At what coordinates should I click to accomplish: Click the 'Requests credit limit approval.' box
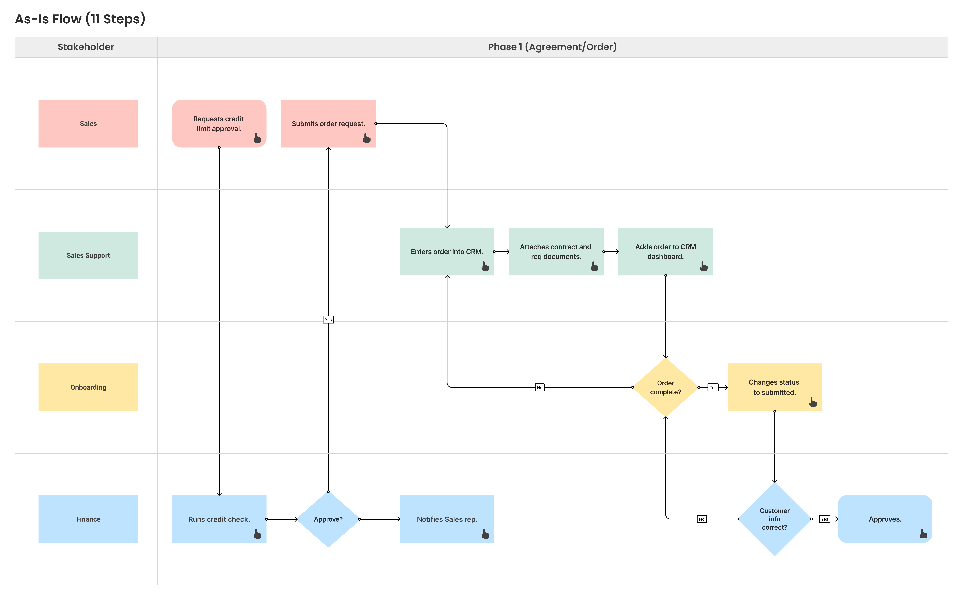[x=219, y=123]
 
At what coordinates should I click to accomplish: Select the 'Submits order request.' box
[x=328, y=123]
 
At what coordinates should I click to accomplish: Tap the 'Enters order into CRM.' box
[x=447, y=251]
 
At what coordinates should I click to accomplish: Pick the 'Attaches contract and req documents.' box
[x=556, y=251]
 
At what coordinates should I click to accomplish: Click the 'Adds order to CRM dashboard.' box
[x=665, y=251]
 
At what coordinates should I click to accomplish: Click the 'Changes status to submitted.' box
[x=774, y=387]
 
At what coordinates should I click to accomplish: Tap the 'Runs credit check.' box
[x=219, y=519]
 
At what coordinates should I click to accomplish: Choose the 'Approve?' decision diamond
[x=328, y=519]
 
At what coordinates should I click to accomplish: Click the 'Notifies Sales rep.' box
[x=447, y=519]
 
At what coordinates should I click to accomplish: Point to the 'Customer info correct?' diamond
[x=774, y=519]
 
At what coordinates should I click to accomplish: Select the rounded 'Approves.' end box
[x=885, y=519]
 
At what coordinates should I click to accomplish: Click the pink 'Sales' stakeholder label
[x=88, y=123]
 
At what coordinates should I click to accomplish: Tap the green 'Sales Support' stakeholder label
[x=88, y=255]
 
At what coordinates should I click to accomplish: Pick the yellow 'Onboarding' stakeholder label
[x=88, y=387]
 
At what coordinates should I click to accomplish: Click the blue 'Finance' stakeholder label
[x=88, y=519]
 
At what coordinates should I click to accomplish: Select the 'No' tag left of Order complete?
[x=539, y=387]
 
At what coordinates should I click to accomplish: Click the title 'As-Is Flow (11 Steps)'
[x=80, y=19]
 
